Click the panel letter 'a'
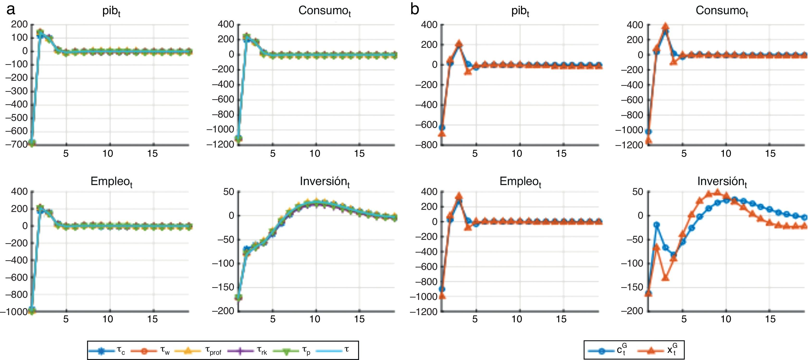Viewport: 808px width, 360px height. [11, 10]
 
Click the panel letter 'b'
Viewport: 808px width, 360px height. [414, 10]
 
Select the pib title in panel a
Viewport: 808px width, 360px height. [111, 12]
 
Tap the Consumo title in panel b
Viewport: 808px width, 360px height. [721, 12]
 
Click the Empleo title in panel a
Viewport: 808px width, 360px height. [111, 182]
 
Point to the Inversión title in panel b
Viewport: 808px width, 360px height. [722, 182]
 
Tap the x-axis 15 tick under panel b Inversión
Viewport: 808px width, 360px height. [770, 319]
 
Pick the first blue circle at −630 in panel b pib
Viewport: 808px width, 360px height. [442, 128]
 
